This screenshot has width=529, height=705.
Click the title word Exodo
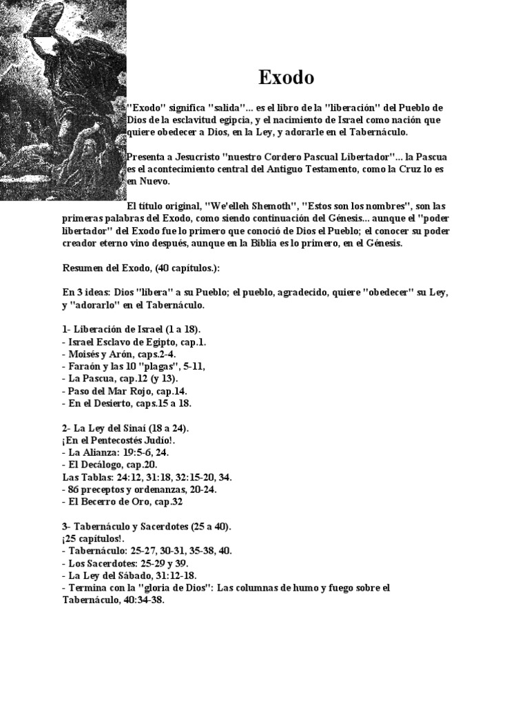pyautogui.click(x=287, y=78)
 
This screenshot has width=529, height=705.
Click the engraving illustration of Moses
pyautogui.click(x=63, y=100)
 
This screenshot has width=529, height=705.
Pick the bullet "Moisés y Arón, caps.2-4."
pyautogui.click(x=119, y=354)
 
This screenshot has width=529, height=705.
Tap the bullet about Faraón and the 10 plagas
pyautogui.click(x=134, y=366)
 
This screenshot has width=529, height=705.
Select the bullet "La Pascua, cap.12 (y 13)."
pyautogui.click(x=120, y=378)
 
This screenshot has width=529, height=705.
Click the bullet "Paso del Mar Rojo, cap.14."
pyautogui.click(x=124, y=390)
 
